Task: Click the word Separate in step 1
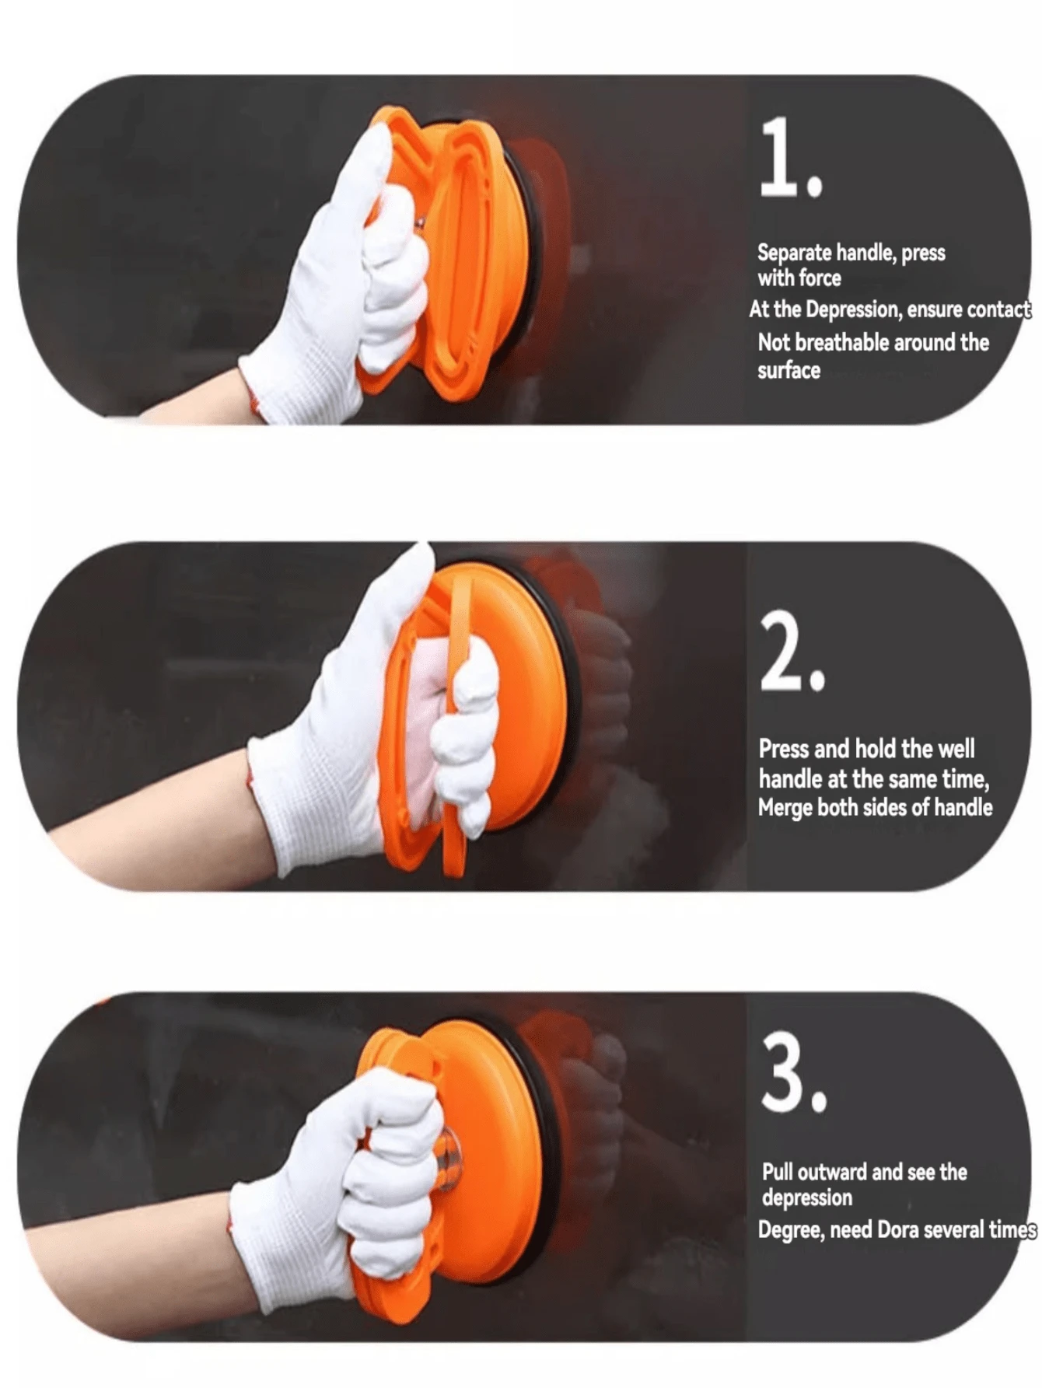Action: pos(795,253)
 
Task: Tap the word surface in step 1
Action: pos(788,370)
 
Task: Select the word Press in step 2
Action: pos(784,749)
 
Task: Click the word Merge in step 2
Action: pos(785,809)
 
